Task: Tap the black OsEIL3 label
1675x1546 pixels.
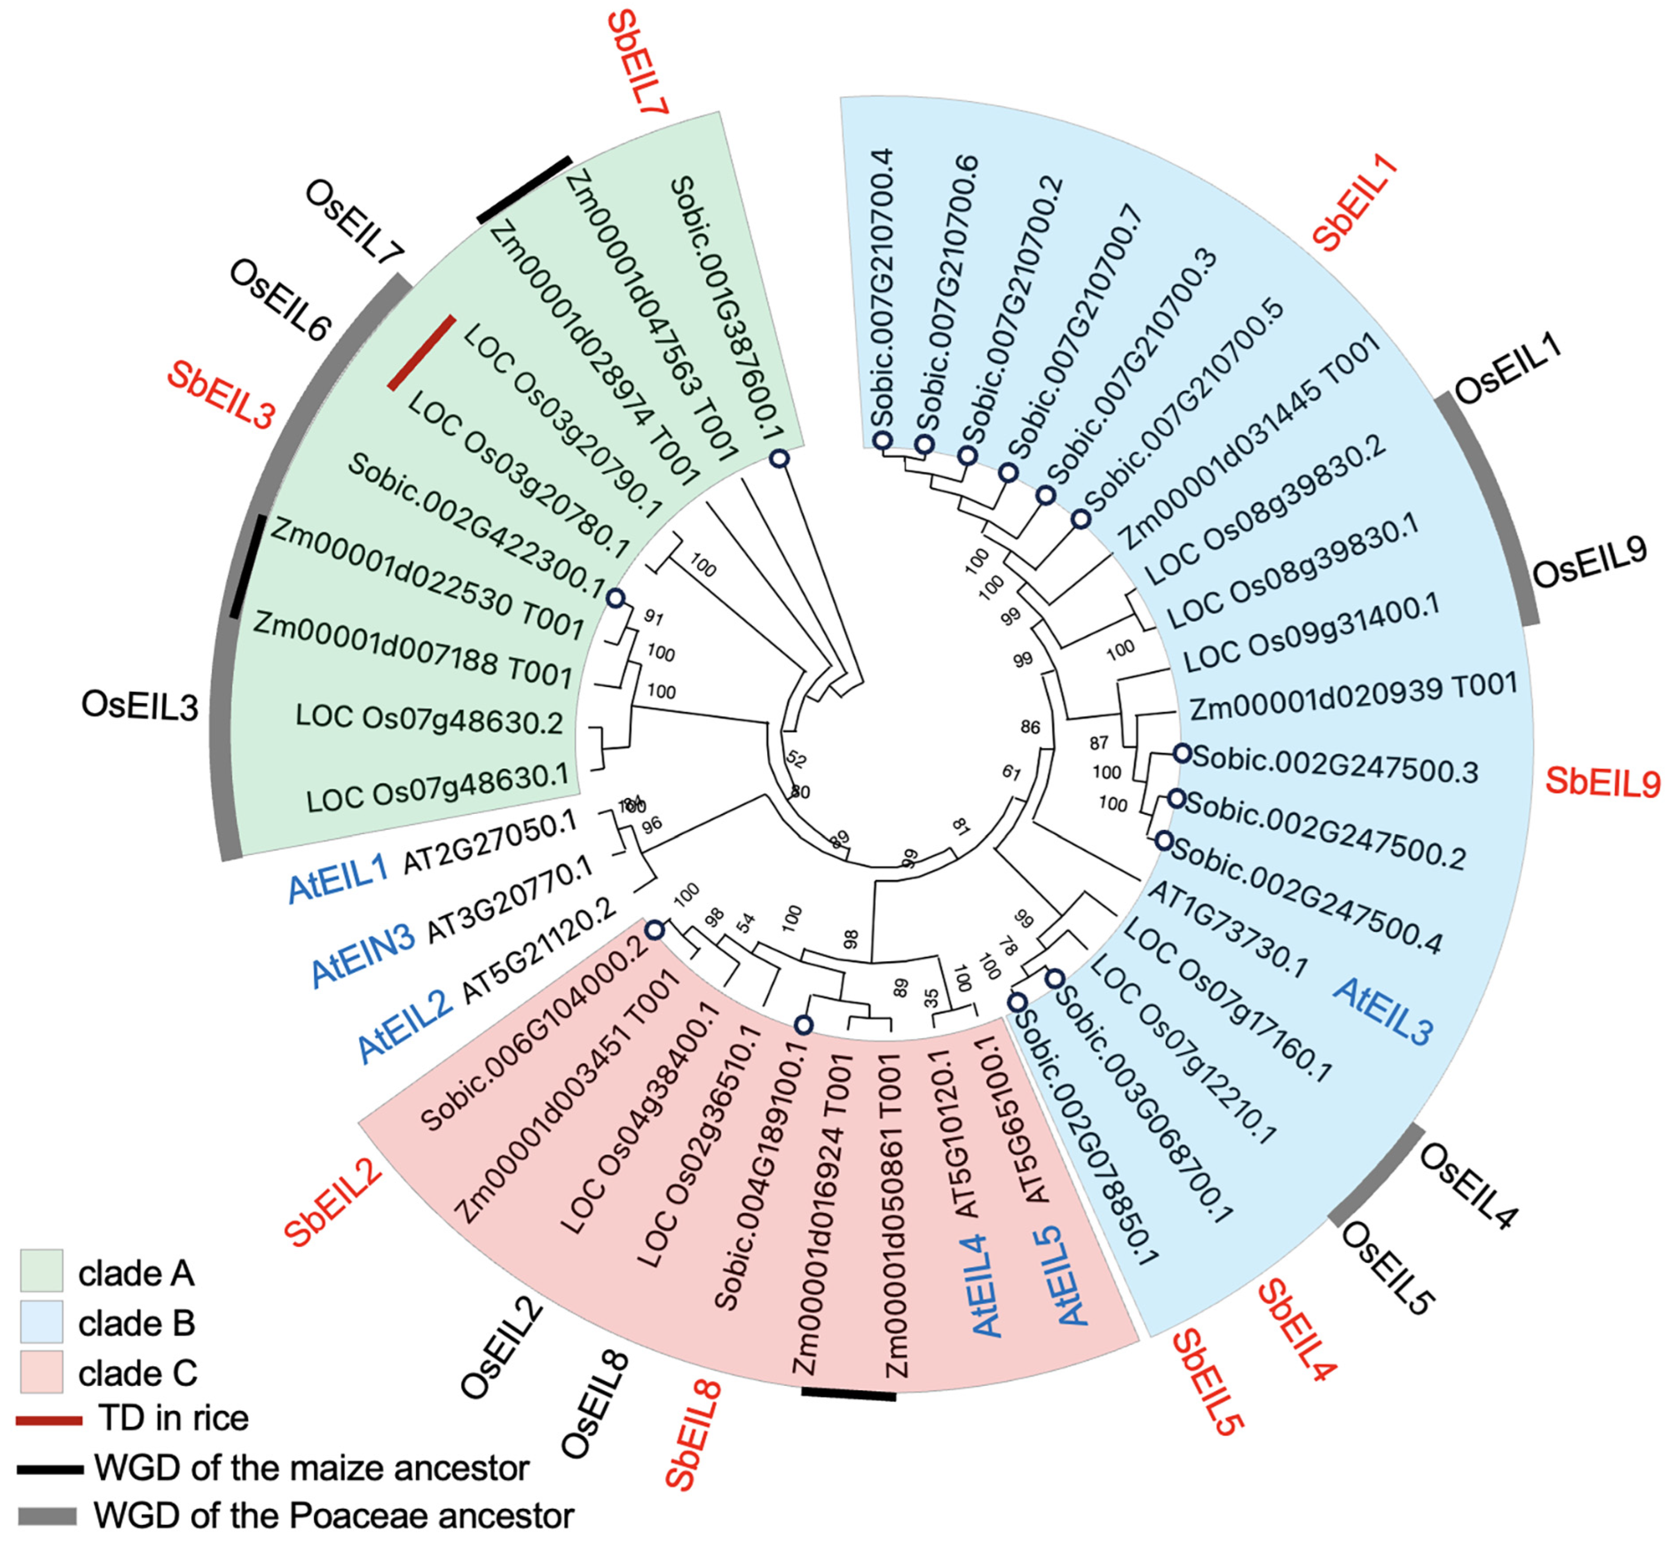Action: pyautogui.click(x=140, y=705)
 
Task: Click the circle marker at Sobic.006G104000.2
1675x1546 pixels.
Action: pyautogui.click(x=654, y=930)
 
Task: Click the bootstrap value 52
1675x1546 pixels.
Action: pyautogui.click(x=796, y=760)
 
